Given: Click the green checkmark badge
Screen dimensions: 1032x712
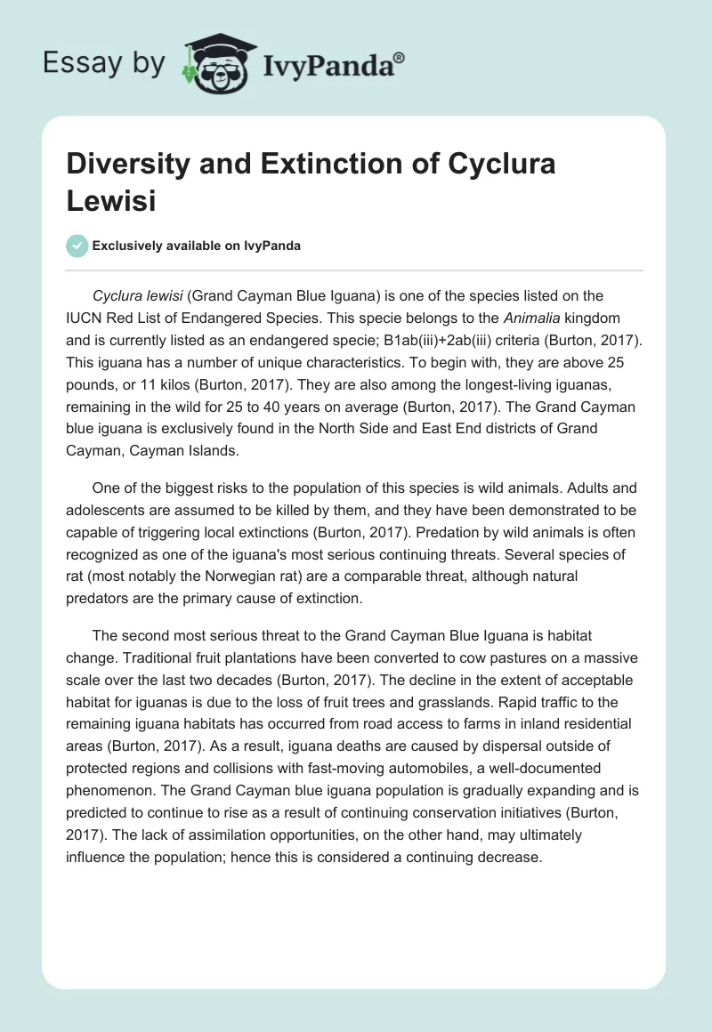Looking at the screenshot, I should click(77, 246).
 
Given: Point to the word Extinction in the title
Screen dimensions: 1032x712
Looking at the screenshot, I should click(312, 165).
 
